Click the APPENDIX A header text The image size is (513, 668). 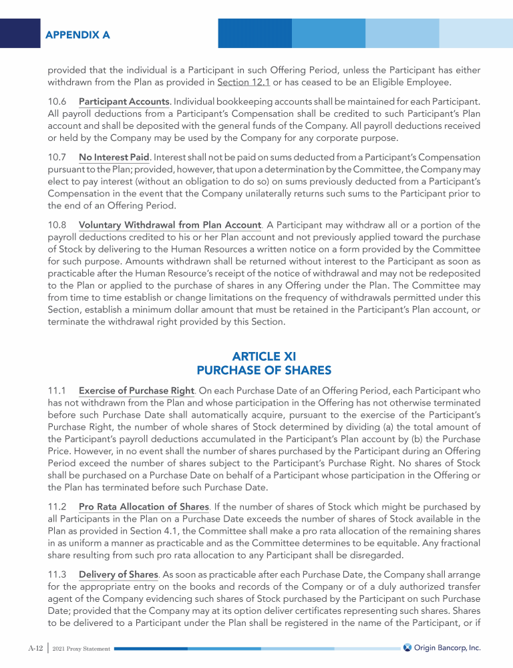click(78, 33)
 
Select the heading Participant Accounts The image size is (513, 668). click(124, 102)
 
